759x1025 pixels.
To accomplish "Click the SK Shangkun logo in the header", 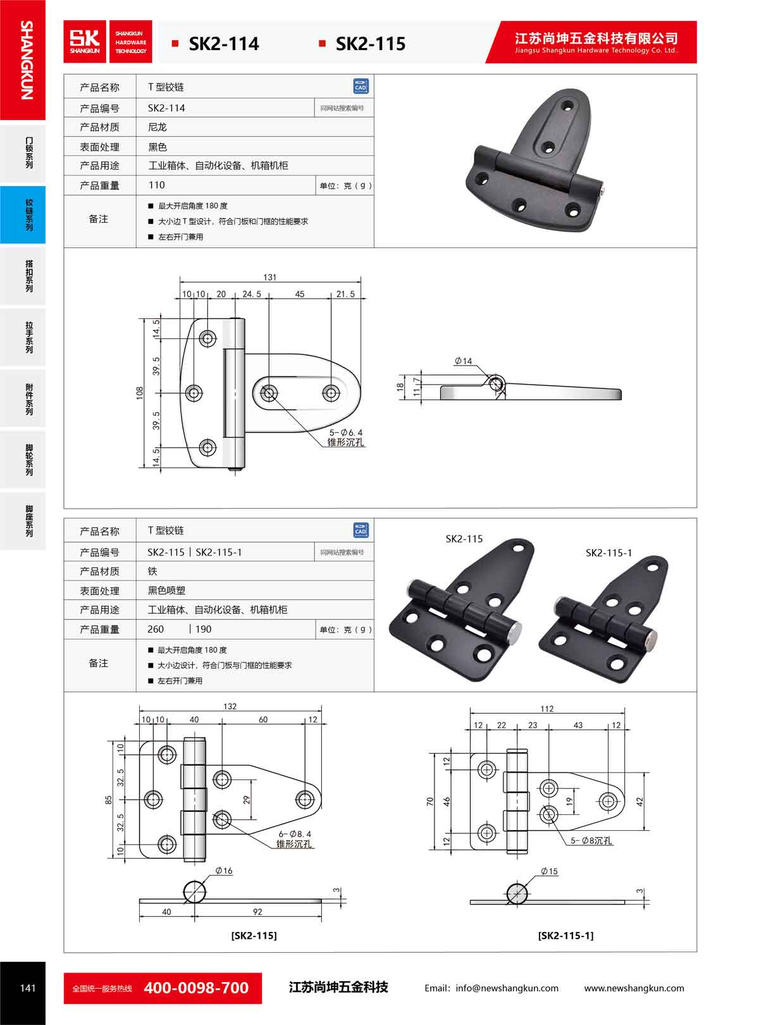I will (x=85, y=42).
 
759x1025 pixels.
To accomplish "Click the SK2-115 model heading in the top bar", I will (x=370, y=44).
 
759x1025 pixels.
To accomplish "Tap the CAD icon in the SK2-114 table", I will (x=361, y=86).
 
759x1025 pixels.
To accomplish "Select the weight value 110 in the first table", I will (x=156, y=185).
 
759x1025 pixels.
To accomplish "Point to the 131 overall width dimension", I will (x=270, y=277).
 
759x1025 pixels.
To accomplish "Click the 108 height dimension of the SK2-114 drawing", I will (x=140, y=393).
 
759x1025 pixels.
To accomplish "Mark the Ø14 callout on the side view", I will (x=464, y=361).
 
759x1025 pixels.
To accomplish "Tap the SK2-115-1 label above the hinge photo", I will (x=608, y=552).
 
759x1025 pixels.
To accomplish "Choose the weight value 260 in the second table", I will (x=156, y=629).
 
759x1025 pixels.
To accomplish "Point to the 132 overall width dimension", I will (x=230, y=706).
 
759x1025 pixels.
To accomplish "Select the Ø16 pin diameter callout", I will (x=224, y=871).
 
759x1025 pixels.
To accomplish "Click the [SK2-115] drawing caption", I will (x=254, y=935).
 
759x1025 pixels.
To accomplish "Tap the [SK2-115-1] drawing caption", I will (x=565, y=935).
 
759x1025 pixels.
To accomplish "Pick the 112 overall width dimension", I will (x=547, y=709).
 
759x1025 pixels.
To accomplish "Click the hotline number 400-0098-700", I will (x=196, y=988).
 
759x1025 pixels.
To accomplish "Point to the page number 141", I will (x=28, y=988).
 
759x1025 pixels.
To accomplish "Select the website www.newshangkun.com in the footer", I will (x=634, y=988).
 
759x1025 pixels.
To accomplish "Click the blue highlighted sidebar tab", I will (x=23, y=214).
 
